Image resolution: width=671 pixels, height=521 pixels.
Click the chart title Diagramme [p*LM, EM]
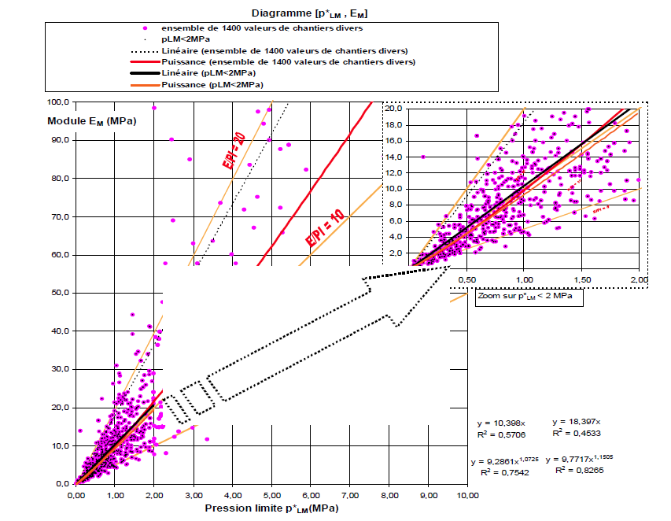click(x=310, y=13)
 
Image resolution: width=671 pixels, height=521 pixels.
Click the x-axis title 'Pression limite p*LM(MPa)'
click(x=272, y=509)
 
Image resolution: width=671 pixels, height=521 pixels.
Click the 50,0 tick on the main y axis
click(x=61, y=293)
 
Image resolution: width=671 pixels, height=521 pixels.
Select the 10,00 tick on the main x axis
click(x=467, y=496)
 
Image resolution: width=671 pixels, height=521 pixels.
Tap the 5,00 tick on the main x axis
click(x=271, y=496)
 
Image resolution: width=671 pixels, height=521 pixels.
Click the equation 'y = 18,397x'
click(x=581, y=422)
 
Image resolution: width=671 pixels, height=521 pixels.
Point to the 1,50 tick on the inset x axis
click(x=582, y=279)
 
